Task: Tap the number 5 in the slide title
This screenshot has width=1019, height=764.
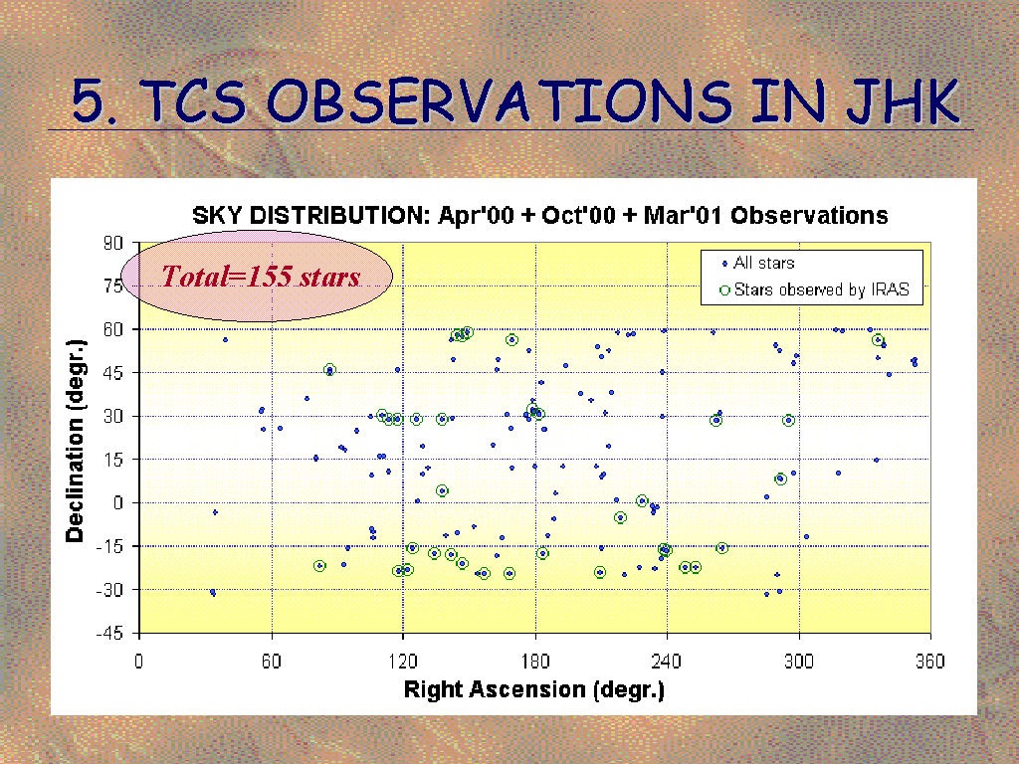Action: (x=88, y=101)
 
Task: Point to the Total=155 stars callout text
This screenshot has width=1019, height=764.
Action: (x=261, y=277)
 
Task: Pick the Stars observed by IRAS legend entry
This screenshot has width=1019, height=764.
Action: (x=814, y=289)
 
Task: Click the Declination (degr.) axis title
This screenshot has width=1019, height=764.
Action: (x=76, y=440)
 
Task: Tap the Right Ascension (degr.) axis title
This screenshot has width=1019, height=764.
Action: (x=534, y=689)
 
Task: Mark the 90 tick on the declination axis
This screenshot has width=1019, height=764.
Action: (x=113, y=243)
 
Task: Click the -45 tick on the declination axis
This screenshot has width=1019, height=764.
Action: (x=109, y=634)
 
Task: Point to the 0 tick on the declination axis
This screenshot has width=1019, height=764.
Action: (x=117, y=502)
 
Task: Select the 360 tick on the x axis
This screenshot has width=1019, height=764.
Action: (x=930, y=662)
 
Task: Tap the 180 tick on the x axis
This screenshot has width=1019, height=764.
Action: (x=534, y=662)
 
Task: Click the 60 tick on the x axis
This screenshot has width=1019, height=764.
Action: (x=272, y=662)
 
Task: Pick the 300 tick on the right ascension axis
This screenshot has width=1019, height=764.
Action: (x=799, y=662)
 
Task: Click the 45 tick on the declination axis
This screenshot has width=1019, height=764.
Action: (x=113, y=373)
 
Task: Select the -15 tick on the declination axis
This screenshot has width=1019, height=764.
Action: (x=109, y=546)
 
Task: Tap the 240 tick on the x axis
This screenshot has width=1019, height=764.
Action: (x=667, y=662)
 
